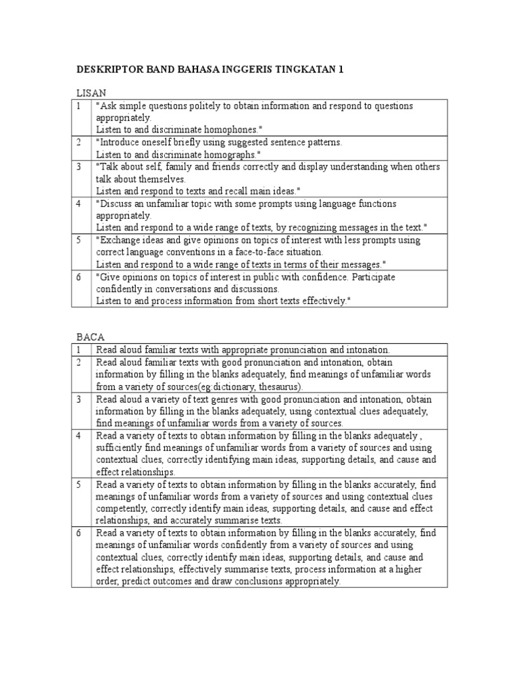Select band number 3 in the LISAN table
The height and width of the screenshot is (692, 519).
(79, 167)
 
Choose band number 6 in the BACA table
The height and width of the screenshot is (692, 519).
(79, 533)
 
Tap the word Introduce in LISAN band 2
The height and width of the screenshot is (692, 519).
(122, 143)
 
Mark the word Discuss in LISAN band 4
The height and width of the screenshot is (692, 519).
(118, 203)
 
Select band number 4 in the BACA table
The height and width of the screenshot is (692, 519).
(79, 436)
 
